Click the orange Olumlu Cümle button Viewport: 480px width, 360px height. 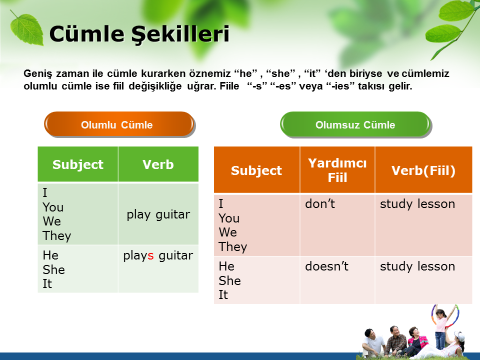pyautogui.click(x=119, y=124)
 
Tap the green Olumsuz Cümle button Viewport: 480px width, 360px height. pyautogui.click(x=355, y=124)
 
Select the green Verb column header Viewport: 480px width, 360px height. pyautogui.click(x=158, y=164)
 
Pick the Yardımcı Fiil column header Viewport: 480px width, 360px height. pyautogui.click(x=337, y=170)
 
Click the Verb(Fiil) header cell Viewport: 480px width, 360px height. pyautogui.click(x=423, y=170)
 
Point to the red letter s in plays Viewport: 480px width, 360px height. pyautogui.click(x=150, y=255)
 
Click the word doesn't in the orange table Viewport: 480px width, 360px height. pyautogui.click(x=326, y=266)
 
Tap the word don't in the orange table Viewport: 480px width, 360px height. pyautogui.click(x=320, y=204)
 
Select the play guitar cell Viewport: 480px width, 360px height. pyautogui.click(x=158, y=214)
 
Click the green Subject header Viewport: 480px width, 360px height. pyautogui.click(x=78, y=164)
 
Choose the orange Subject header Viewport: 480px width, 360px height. pyautogui.click(x=256, y=170)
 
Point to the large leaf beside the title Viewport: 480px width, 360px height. pyautogui.click(x=26, y=29)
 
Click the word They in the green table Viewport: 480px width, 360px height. pyautogui.click(x=57, y=235)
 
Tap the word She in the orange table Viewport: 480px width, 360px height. pyautogui.click(x=229, y=280)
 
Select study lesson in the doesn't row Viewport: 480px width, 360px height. pyautogui.click(x=417, y=266)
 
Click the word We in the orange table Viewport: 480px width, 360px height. pyautogui.click(x=228, y=232)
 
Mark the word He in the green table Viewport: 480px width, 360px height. pyautogui.click(x=50, y=255)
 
